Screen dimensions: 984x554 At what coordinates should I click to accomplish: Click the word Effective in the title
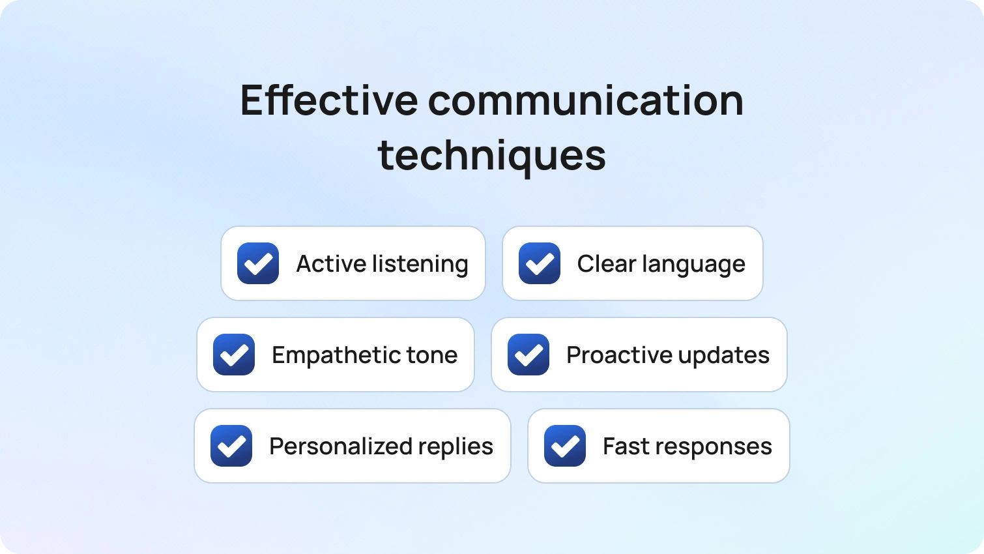329,100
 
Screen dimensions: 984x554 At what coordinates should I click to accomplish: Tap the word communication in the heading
586,100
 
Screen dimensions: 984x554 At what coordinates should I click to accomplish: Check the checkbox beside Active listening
258,263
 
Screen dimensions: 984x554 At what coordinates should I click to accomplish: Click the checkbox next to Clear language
540,263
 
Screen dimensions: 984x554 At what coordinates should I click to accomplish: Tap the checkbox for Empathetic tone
234,355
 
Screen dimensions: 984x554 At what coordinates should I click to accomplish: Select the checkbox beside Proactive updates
528,355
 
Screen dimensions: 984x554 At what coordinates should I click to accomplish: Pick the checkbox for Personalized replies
231,446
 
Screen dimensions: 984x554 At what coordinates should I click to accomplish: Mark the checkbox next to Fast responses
565,446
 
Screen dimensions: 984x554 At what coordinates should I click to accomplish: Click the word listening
420,265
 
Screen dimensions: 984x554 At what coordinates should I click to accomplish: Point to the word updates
724,356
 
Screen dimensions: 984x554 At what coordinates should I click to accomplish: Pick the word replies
456,447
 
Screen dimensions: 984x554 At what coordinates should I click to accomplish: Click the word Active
332,263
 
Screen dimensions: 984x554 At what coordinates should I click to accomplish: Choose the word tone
432,356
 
